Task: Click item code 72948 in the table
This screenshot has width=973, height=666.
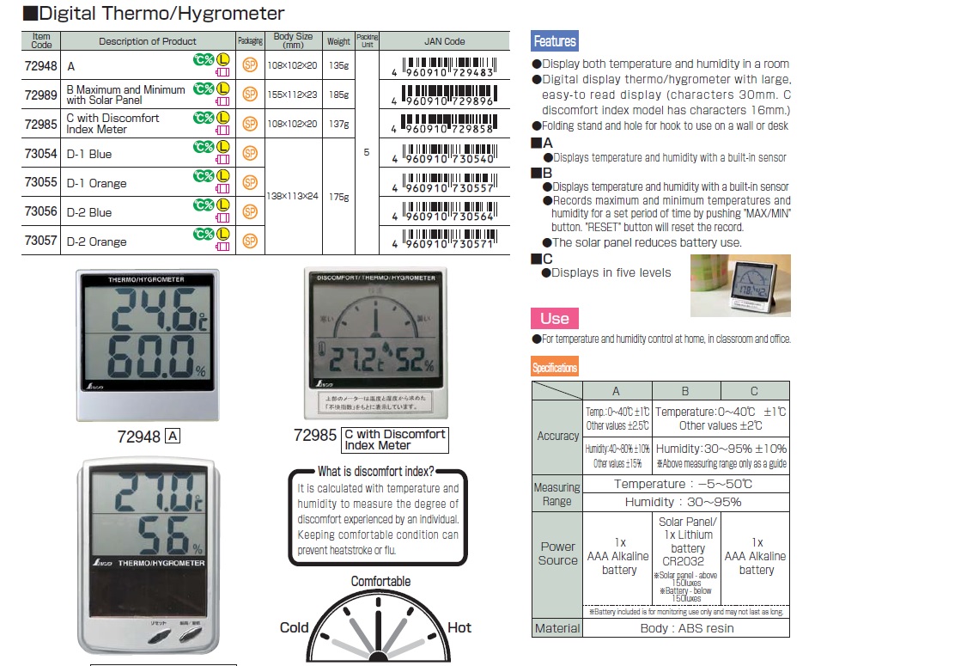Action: click(x=41, y=66)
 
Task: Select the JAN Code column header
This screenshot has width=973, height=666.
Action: click(x=444, y=41)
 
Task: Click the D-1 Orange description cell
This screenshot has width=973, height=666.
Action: click(x=96, y=183)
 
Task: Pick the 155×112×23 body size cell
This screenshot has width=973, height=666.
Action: click(x=293, y=95)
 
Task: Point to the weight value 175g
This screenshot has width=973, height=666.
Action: click(x=338, y=197)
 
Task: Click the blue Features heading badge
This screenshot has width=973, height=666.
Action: click(x=555, y=41)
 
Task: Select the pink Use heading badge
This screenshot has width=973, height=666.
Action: click(x=555, y=319)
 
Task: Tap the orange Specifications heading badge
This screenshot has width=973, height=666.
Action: click(x=555, y=368)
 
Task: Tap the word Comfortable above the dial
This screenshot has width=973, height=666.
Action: click(x=380, y=582)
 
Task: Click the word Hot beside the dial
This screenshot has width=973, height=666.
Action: click(x=459, y=627)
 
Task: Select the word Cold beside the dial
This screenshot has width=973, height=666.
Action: click(x=294, y=627)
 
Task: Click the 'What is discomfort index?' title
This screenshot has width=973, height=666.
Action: click(x=376, y=471)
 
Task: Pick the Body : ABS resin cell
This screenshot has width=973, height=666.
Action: click(x=685, y=628)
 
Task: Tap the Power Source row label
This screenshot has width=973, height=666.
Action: click(x=557, y=553)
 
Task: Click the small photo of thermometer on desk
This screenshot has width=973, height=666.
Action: click(x=740, y=286)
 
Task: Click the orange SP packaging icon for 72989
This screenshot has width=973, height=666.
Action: click(x=250, y=95)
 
